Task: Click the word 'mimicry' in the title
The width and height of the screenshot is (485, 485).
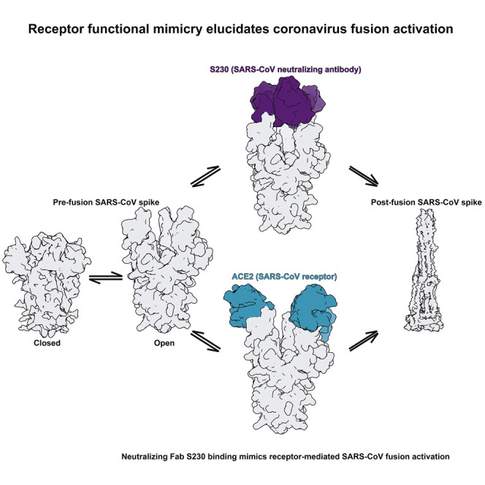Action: pos(187,31)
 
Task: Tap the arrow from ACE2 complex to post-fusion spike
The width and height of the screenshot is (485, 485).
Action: pos(362,340)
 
